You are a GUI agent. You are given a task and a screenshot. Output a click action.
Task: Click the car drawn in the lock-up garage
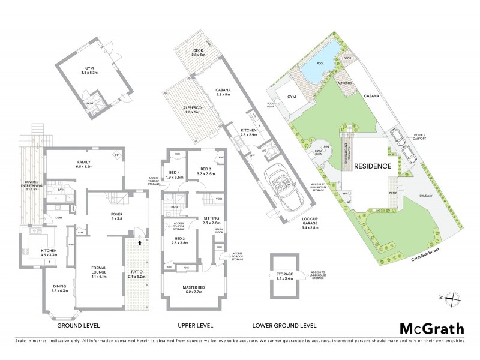coord(279,186)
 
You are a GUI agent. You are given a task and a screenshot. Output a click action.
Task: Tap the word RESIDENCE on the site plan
coord(373,166)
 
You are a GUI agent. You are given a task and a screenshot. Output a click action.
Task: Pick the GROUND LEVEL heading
coord(78,325)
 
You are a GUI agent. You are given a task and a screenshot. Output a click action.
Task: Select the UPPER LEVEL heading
coord(196,325)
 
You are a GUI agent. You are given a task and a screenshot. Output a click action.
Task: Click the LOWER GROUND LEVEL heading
coord(285,325)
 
